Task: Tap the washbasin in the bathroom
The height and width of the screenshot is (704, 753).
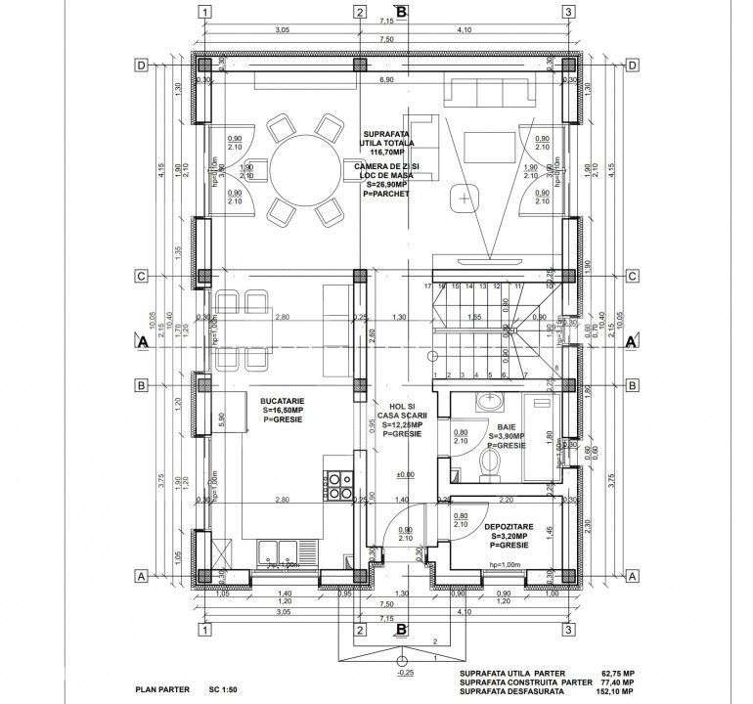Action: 488,401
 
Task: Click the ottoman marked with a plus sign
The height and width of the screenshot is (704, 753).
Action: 461,198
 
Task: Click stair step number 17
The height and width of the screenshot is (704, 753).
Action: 428,286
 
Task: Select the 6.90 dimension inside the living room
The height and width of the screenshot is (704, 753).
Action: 385,79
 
